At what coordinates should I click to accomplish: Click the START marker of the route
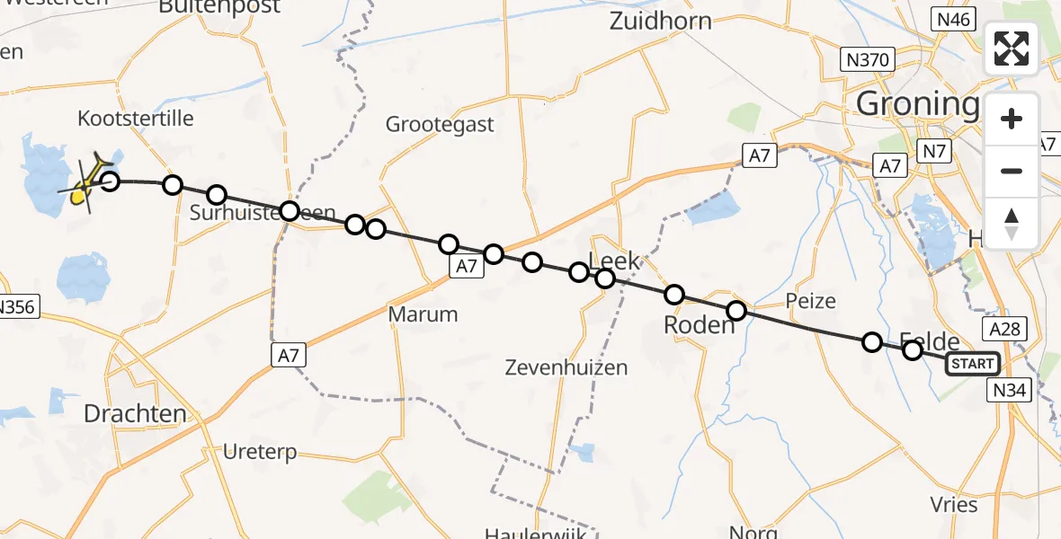[972, 364]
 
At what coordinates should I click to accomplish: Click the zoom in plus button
[1012, 119]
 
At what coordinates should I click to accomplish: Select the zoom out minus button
[1012, 171]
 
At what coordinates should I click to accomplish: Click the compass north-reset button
[1012, 223]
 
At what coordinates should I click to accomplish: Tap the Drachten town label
[135, 414]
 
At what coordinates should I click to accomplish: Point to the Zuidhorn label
[660, 22]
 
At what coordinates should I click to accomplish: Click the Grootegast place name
[440, 124]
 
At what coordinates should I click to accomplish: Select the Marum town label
[423, 314]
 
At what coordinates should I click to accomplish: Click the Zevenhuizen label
[566, 367]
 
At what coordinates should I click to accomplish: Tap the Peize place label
[810, 301]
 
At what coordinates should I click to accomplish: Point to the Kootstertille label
[136, 119]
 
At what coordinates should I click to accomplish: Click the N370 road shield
[868, 60]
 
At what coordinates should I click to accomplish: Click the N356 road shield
[16, 307]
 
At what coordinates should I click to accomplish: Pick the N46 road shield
[954, 19]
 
